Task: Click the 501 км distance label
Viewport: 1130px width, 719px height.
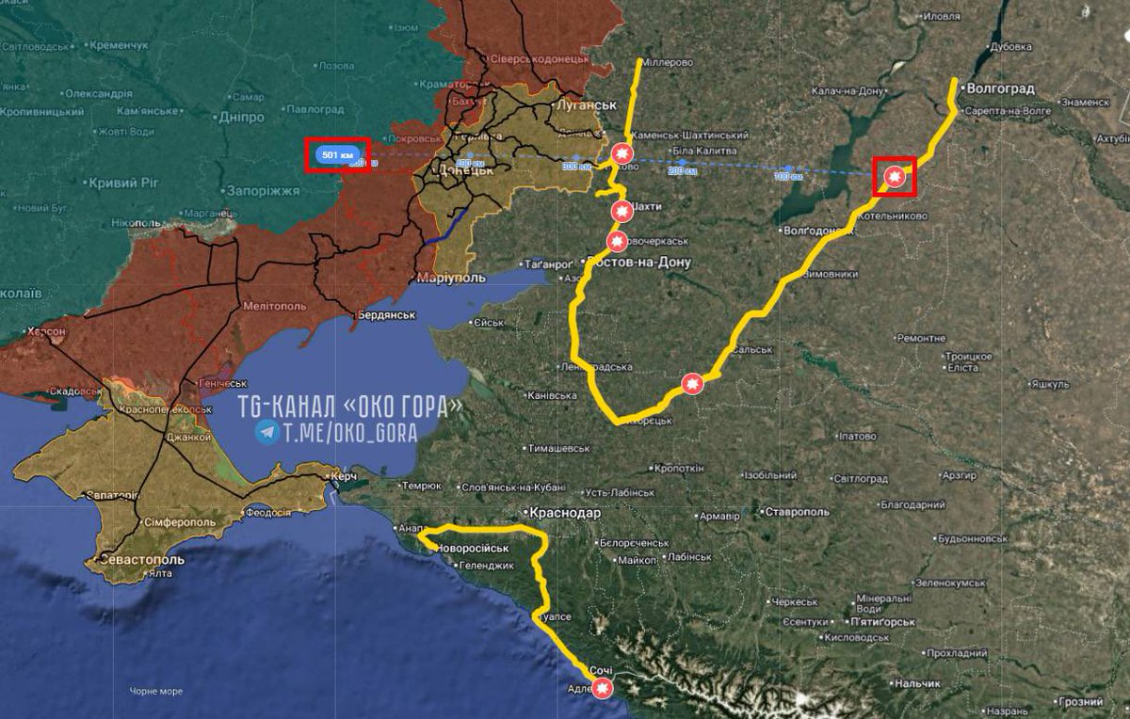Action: tap(337, 154)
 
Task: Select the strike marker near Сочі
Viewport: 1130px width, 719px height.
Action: tap(603, 688)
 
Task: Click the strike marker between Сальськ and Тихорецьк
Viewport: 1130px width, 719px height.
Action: tap(692, 384)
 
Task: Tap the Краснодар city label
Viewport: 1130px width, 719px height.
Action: tap(565, 513)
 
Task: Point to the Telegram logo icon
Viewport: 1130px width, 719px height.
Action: tap(266, 433)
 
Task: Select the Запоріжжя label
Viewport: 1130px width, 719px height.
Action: tap(262, 189)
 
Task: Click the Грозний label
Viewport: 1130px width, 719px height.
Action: tap(1079, 702)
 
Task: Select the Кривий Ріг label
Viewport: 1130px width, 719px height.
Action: tap(122, 182)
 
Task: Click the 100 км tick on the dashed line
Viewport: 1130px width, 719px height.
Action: tap(787, 175)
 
